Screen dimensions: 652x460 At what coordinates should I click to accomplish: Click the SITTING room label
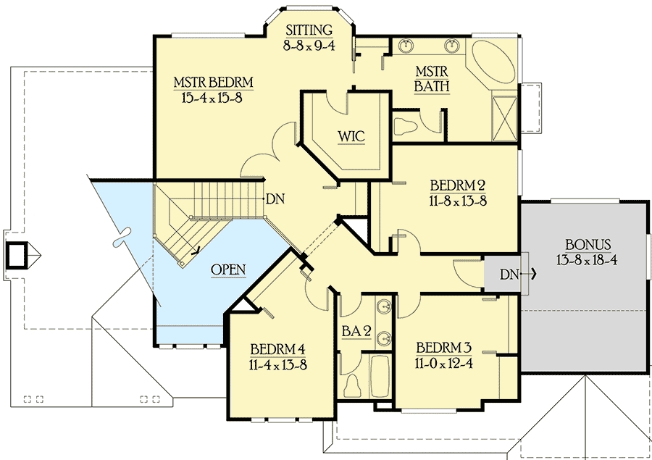click(309, 30)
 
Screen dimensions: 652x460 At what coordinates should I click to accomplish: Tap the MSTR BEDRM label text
click(213, 82)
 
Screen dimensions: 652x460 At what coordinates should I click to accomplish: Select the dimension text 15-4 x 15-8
click(212, 98)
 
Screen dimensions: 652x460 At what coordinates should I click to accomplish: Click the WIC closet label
click(351, 136)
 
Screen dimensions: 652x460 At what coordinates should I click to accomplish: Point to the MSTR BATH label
click(432, 79)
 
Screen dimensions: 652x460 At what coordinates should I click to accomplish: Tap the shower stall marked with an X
click(504, 118)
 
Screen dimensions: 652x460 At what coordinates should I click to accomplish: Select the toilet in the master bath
click(405, 125)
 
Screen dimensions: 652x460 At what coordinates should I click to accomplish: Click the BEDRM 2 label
click(458, 185)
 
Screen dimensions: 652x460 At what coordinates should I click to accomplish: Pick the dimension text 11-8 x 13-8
click(458, 201)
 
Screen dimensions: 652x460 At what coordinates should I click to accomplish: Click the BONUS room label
click(588, 244)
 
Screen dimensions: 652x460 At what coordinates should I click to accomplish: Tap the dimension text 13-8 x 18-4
click(587, 260)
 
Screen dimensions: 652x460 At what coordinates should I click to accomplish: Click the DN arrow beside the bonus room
click(528, 274)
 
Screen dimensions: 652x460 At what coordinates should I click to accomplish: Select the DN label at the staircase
click(275, 199)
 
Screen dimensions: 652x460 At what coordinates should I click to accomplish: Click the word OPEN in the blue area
click(228, 269)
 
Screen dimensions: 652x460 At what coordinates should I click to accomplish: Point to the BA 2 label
click(356, 331)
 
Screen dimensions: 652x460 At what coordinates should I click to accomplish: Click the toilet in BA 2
click(353, 386)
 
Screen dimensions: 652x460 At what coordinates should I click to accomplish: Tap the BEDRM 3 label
click(444, 347)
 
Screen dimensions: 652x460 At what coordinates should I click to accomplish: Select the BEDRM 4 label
click(278, 348)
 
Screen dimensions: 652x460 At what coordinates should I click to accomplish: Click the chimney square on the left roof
click(17, 254)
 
